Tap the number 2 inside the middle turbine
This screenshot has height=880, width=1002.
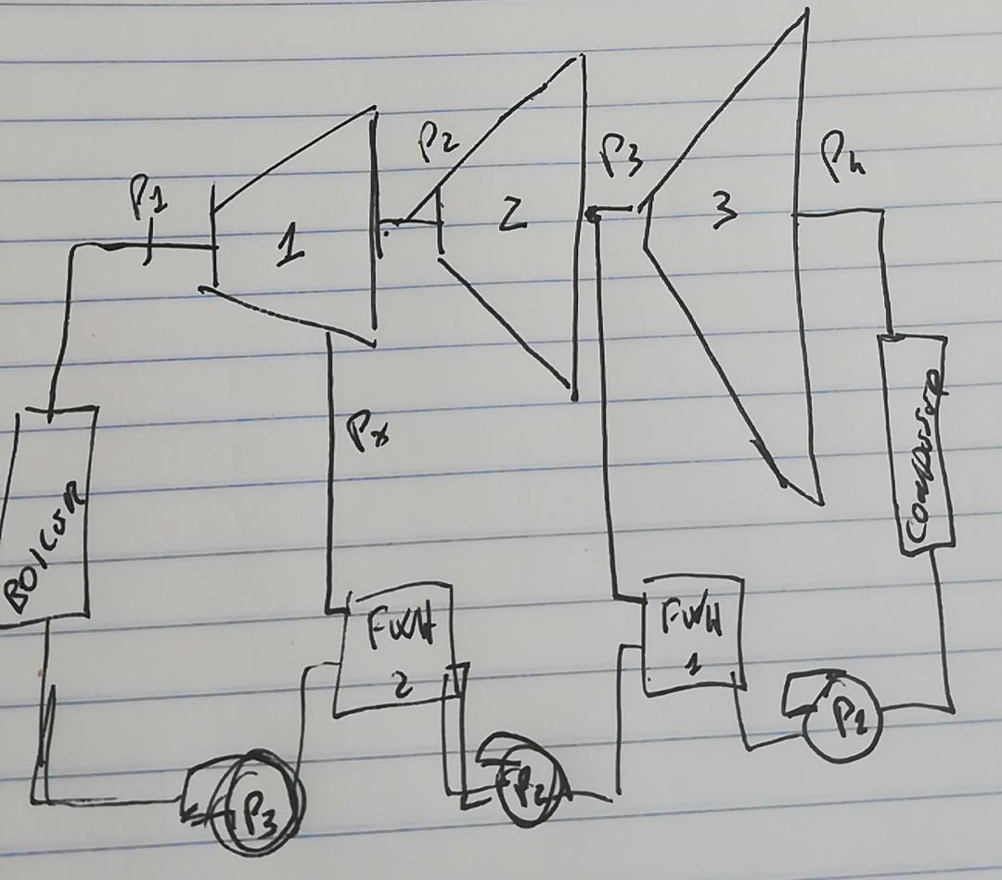pos(513,216)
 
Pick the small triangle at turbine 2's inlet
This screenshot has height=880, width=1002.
pos(424,214)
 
